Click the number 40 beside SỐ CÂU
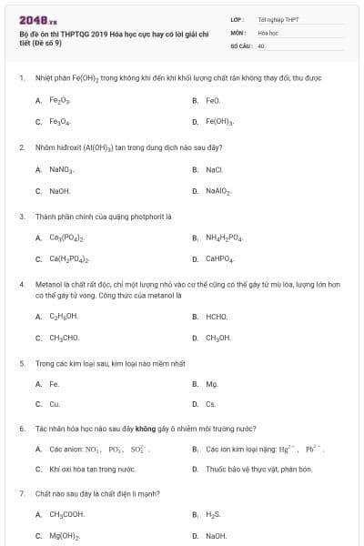click(261, 45)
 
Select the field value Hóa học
click(268, 32)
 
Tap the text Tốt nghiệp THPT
click(278, 19)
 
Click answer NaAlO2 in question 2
click(219, 191)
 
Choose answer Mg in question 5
click(212, 383)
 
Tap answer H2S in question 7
click(213, 515)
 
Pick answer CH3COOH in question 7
click(66, 514)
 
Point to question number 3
click(21, 217)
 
